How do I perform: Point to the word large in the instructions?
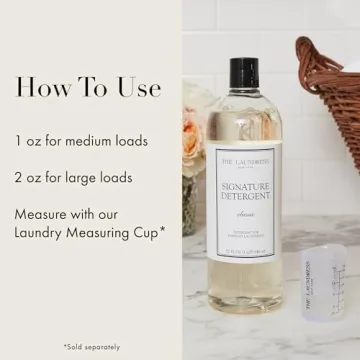88,177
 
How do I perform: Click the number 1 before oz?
18,140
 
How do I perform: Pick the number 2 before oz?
19,177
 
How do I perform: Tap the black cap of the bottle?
244,73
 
